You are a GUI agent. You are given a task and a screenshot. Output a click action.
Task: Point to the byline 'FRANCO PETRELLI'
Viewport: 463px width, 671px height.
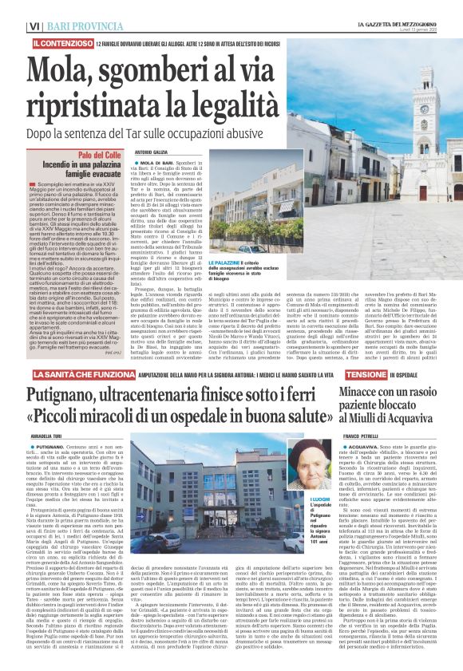(x=361, y=435)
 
